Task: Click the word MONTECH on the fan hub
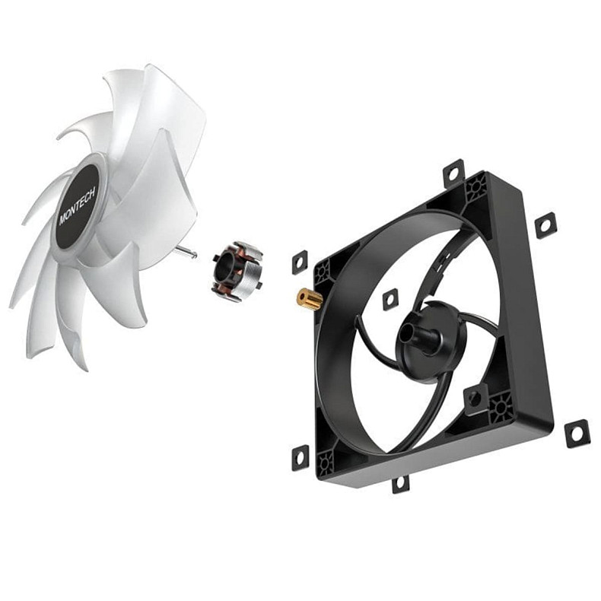78,202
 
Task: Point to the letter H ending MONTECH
91,183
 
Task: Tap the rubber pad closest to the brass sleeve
300,261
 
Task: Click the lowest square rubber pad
400,483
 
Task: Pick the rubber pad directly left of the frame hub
390,299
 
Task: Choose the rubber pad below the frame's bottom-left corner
300,458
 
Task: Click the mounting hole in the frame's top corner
477,186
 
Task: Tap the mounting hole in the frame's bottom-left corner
327,460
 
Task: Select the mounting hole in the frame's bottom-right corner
501,409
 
